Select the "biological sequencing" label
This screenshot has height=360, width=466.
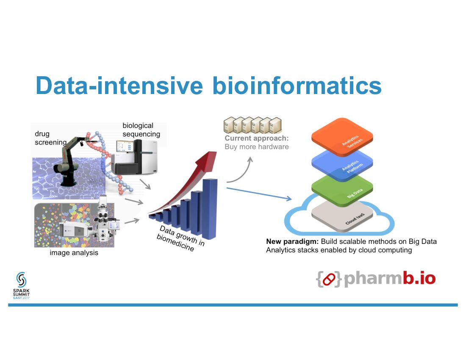tap(141, 130)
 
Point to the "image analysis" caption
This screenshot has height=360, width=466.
tap(74, 253)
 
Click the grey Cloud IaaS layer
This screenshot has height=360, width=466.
tap(342, 216)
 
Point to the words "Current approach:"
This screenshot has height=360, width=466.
tap(256, 138)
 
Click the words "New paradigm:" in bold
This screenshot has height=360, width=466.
tap(292, 241)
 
